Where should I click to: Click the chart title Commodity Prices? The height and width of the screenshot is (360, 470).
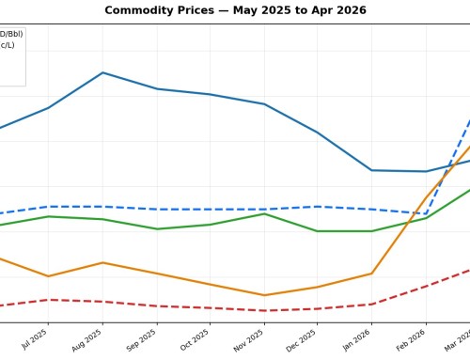coord(235,10)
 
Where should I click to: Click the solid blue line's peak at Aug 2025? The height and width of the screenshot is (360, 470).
coord(102,72)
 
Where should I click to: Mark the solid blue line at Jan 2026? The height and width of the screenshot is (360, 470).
coord(372,170)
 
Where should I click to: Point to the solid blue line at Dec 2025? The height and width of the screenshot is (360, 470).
coord(318,133)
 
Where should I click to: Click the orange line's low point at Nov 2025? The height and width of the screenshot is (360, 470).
coord(264,295)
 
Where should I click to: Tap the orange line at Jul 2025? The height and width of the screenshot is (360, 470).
coord(48,276)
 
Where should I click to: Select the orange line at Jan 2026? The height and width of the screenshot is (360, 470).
coord(372,274)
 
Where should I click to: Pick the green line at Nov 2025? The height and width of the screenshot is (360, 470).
coord(264,214)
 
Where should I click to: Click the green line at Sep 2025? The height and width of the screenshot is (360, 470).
coord(156,228)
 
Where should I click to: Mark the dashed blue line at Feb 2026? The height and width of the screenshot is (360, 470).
coord(426,213)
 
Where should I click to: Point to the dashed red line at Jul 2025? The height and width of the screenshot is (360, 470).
coord(48,300)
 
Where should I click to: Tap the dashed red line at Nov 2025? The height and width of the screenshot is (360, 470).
coord(264,310)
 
